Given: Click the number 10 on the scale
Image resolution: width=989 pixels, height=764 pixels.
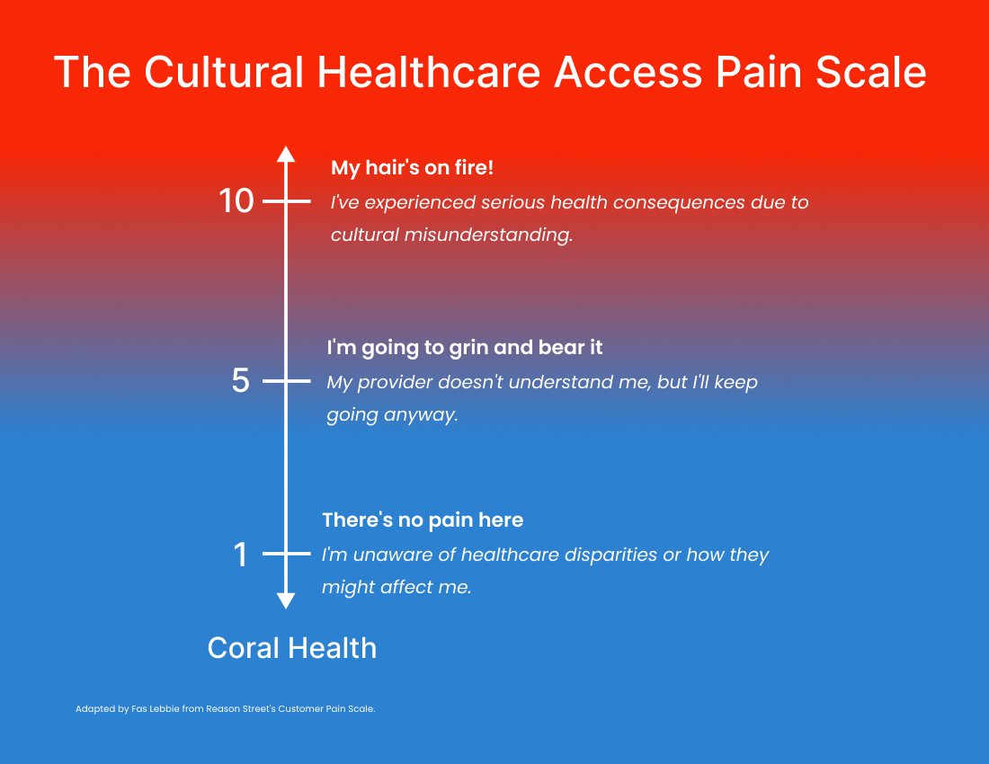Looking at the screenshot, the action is pyautogui.click(x=236, y=201).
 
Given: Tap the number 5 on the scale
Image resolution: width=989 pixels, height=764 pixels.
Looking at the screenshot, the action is pyautogui.click(x=240, y=381).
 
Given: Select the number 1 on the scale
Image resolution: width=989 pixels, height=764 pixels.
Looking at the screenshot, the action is pyautogui.click(x=240, y=555).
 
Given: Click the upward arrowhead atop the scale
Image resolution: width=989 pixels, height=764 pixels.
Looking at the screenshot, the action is pyautogui.click(x=286, y=155).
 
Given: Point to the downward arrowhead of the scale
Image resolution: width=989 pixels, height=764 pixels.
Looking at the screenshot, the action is pyautogui.click(x=286, y=600).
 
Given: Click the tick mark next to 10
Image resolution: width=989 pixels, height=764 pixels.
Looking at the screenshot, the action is pyautogui.click(x=286, y=201).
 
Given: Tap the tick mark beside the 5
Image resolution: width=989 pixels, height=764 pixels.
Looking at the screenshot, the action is pyautogui.click(x=286, y=381).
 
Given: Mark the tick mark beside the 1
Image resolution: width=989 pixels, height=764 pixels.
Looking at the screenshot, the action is pyautogui.click(x=286, y=554).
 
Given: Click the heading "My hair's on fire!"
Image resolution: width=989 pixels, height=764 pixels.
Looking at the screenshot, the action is pyautogui.click(x=412, y=168).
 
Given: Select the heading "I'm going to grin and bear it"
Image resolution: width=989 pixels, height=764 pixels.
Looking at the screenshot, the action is pyautogui.click(x=465, y=348).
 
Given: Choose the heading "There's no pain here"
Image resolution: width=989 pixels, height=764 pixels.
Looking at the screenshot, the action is pyautogui.click(x=423, y=520).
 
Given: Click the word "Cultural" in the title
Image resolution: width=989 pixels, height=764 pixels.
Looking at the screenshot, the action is pyautogui.click(x=225, y=72).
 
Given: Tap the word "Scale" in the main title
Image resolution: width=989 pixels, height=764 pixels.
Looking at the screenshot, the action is pyautogui.click(x=871, y=72).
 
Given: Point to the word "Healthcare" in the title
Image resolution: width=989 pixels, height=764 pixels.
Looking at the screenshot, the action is pyautogui.click(x=429, y=72).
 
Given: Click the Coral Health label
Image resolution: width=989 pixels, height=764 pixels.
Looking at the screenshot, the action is pyautogui.click(x=292, y=648).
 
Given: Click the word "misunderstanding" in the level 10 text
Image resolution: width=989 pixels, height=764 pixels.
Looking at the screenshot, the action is pyautogui.click(x=488, y=235).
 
